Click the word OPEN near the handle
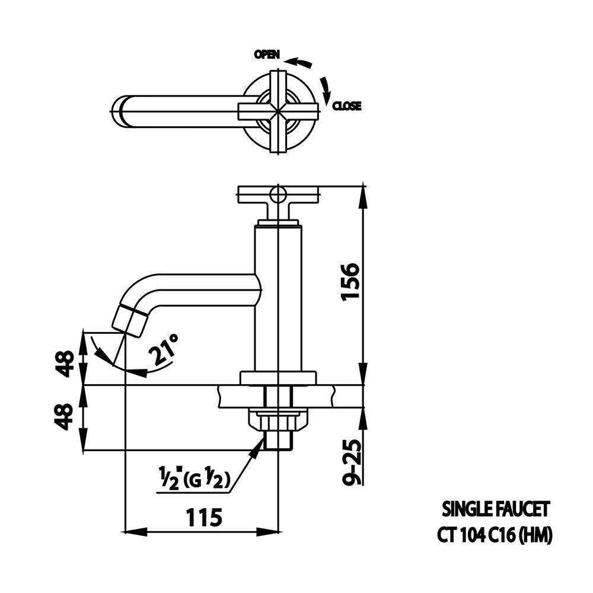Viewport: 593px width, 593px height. point(267,55)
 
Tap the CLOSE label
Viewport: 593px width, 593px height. point(347,107)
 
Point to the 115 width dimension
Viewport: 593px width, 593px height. point(203,517)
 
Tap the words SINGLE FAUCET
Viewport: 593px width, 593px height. point(496,509)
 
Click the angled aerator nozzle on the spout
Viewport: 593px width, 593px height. point(130,320)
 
